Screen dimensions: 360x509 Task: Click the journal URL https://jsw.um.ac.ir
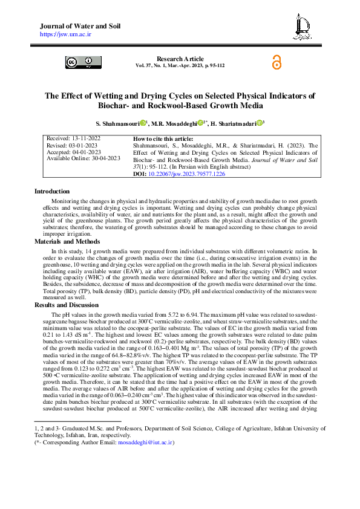click(x=65, y=35)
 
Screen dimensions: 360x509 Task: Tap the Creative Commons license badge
click(x=79, y=62)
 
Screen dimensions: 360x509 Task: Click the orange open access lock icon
click(x=277, y=62)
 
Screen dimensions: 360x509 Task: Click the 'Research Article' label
click(x=180, y=59)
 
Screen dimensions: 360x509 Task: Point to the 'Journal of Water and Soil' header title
click(x=80, y=27)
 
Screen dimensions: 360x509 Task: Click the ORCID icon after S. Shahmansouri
click(x=143, y=123)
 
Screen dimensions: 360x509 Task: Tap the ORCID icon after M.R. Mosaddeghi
click(x=200, y=123)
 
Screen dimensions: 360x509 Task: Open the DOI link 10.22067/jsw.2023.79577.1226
click(x=191, y=173)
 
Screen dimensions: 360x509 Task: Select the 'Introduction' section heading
click(x=52, y=191)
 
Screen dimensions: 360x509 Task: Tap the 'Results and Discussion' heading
click(x=67, y=305)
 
